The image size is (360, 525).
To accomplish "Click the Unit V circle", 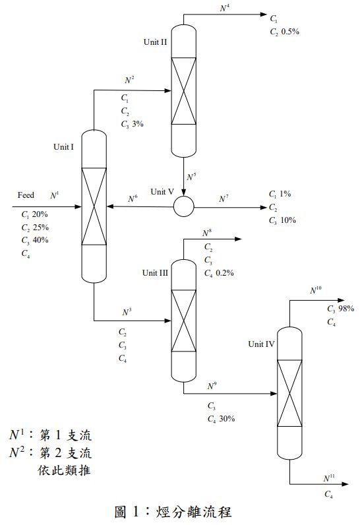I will (x=184, y=207).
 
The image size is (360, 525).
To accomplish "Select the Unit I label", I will (x=64, y=147).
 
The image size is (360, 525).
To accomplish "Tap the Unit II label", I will (x=156, y=42).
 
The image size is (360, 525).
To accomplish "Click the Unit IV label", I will (x=261, y=344).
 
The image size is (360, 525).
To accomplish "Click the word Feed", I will (x=26, y=195).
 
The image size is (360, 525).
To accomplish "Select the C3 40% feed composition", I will (x=34, y=240).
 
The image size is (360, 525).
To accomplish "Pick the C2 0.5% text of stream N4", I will (x=284, y=31).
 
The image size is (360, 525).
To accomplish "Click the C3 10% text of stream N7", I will (x=282, y=220).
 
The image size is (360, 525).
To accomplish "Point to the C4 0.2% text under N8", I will (x=219, y=273).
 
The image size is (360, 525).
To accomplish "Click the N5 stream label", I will (x=191, y=177).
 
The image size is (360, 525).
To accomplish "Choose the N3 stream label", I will (x=127, y=311).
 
